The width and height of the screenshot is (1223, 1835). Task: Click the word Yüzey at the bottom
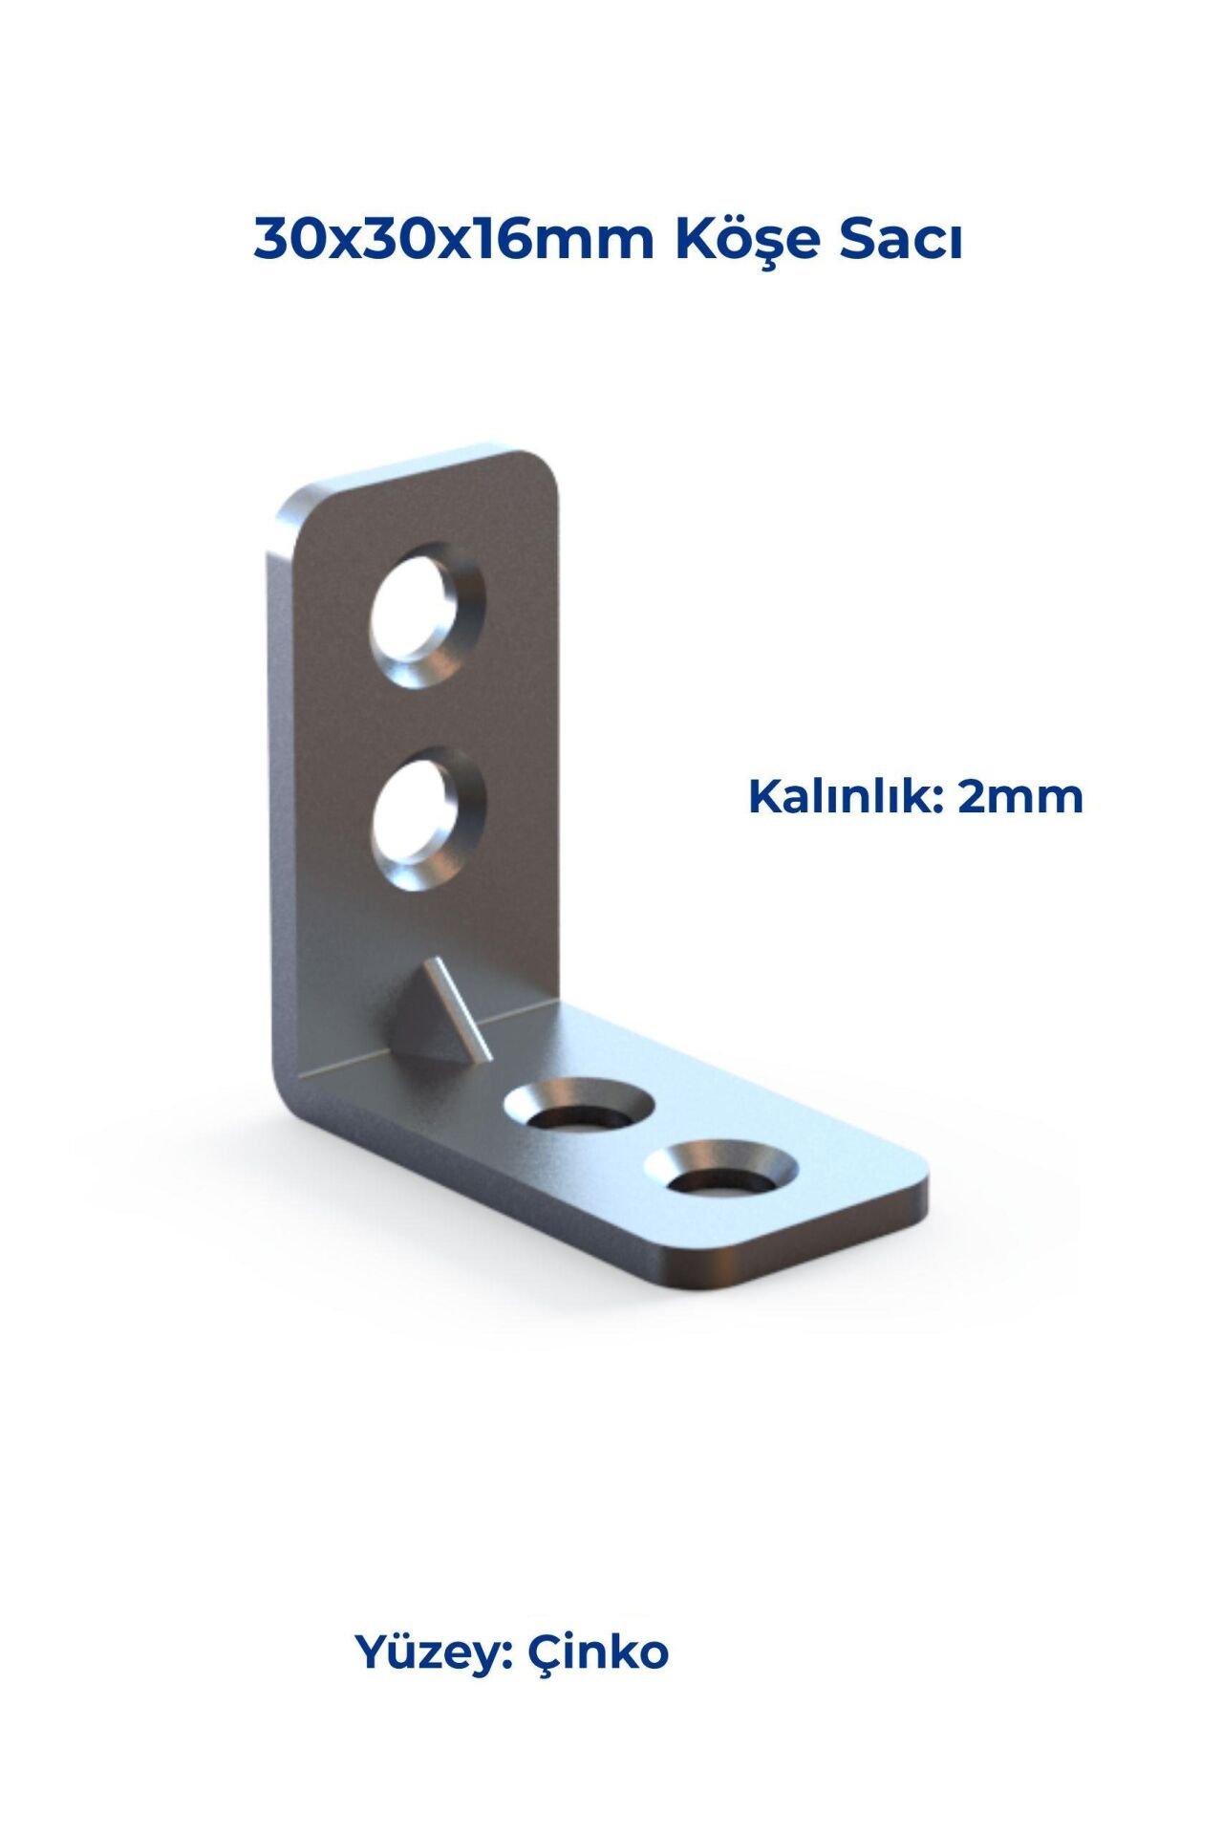click(x=435, y=1651)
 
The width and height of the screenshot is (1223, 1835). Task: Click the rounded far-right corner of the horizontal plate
click(x=912, y=1171)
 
